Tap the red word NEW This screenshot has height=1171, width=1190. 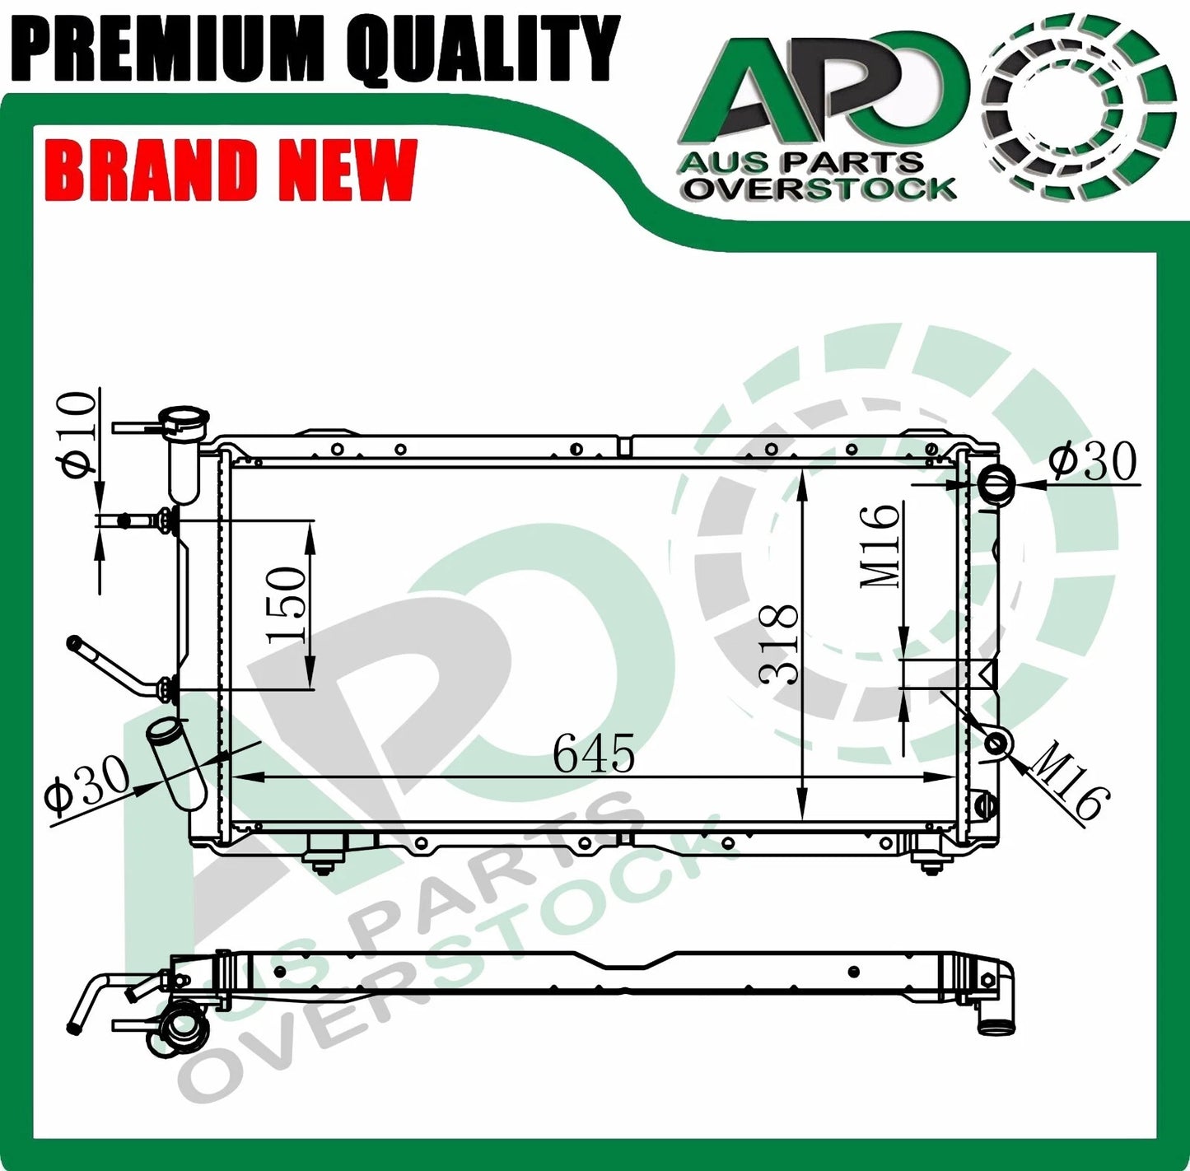(346, 170)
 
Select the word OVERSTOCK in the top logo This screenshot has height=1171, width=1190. (820, 189)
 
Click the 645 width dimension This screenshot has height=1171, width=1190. (594, 753)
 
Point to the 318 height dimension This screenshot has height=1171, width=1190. (779, 644)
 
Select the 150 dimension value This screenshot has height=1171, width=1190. (287, 604)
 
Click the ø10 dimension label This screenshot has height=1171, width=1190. (79, 434)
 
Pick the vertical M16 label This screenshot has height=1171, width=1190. (880, 546)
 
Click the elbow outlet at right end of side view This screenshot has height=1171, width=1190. (996, 1005)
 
